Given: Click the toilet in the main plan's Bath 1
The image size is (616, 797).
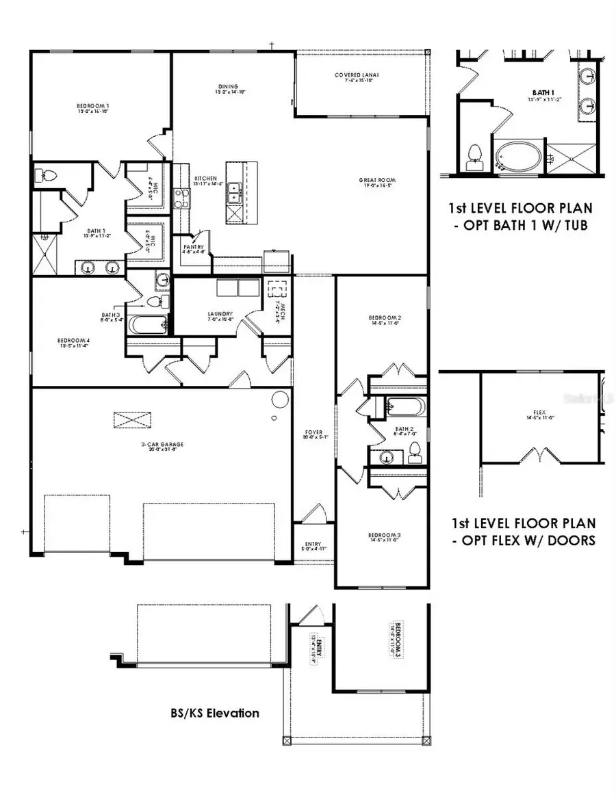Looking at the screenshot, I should tap(42, 176).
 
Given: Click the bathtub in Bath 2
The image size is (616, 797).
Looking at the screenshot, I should tap(398, 406).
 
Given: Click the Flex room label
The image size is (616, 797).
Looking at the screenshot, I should tap(539, 415).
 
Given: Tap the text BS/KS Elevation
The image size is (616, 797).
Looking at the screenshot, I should tap(214, 713).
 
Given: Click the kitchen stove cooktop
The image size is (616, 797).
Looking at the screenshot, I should tap(182, 198).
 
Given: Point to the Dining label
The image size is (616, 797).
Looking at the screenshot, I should tap(226, 88).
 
